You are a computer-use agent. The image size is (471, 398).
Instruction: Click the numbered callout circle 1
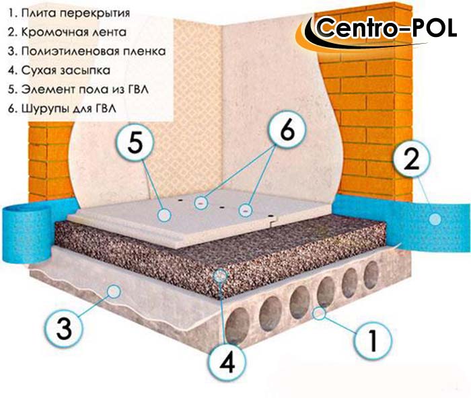point(373,340)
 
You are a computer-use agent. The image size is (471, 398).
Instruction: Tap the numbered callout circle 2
point(412,159)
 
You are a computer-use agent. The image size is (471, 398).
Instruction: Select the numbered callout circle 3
point(65,328)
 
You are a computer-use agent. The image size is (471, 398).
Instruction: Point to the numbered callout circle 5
point(135,143)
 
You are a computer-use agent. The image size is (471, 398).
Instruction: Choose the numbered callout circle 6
point(287,130)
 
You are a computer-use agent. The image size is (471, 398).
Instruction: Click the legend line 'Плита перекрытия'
point(69,13)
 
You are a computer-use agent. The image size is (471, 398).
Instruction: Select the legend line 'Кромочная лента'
point(67,32)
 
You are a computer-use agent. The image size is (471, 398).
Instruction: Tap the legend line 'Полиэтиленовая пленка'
point(87,51)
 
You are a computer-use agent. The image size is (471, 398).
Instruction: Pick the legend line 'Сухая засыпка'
point(59,70)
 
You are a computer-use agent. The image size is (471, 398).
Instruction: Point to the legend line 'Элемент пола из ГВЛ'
point(78,89)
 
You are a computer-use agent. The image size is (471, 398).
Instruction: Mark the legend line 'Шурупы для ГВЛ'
point(62,108)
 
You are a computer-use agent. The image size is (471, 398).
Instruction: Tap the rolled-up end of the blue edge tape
point(26,233)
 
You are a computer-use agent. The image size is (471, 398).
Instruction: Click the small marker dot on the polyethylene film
point(114,291)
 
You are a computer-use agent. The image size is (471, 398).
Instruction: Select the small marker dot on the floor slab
point(319,314)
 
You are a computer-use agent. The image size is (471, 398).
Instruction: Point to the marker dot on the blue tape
point(435,218)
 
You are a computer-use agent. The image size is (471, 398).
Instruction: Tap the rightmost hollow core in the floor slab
point(371,275)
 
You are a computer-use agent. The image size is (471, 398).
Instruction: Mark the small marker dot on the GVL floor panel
point(164,215)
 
